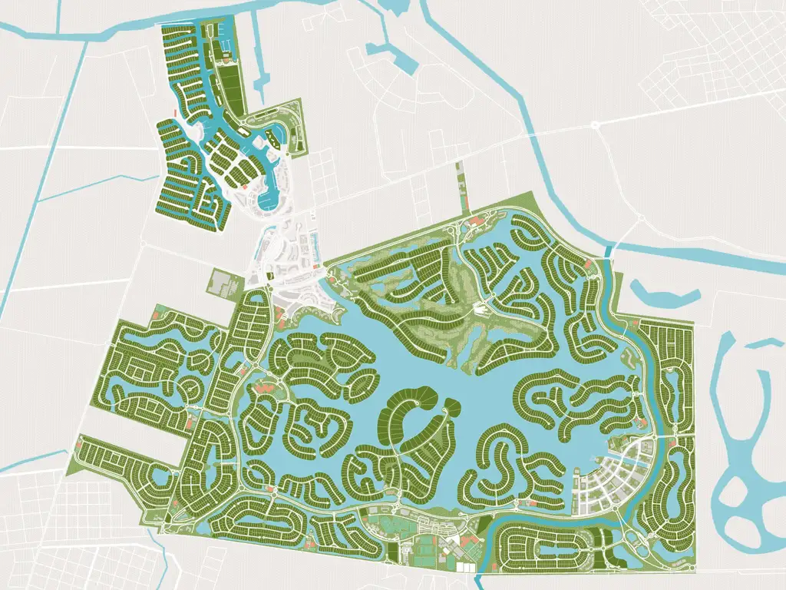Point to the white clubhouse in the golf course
pos(481,310)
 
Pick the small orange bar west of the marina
pos(177,114)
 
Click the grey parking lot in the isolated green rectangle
pos(222,283)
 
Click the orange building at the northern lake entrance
pos(474,222)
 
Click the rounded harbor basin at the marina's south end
pos(269,200)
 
